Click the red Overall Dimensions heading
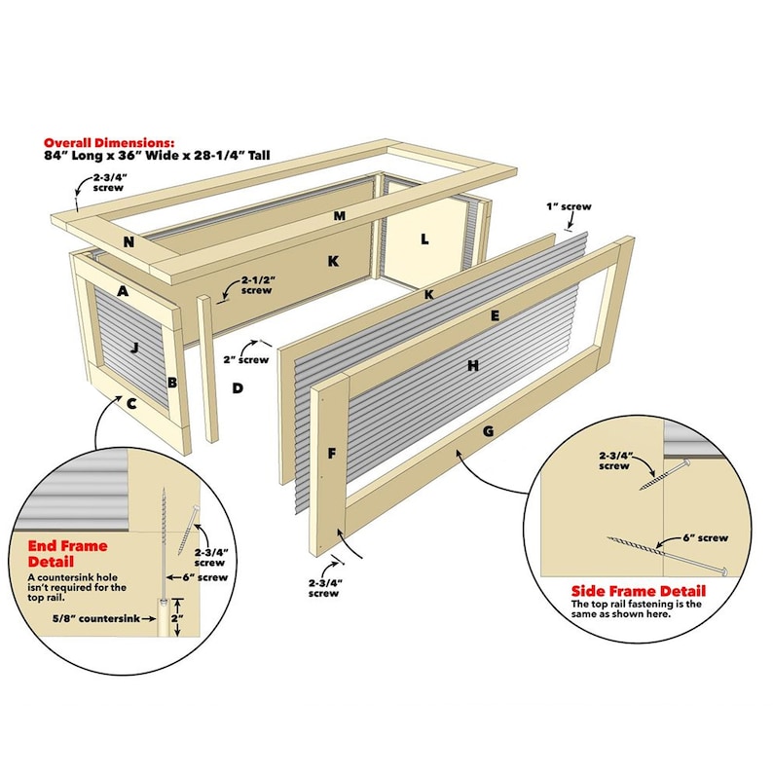coord(109,143)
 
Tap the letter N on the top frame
coord(129,242)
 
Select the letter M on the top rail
coord(339,215)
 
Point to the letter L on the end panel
coord(424,239)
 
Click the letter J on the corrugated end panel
coord(134,349)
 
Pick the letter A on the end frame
coord(123,291)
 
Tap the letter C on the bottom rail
coord(131,404)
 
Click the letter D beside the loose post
coord(238,388)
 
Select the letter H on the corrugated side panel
coord(473,365)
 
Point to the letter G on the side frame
coord(488,431)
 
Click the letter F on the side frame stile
coord(332,453)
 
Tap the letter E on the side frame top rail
coord(495,316)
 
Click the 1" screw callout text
coord(569,206)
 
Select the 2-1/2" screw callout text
coord(258,285)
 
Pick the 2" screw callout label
coord(246,360)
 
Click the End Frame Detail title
coord(67,554)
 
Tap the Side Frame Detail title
coord(639,591)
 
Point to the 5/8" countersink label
coord(96,618)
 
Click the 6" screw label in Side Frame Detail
coord(706,537)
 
